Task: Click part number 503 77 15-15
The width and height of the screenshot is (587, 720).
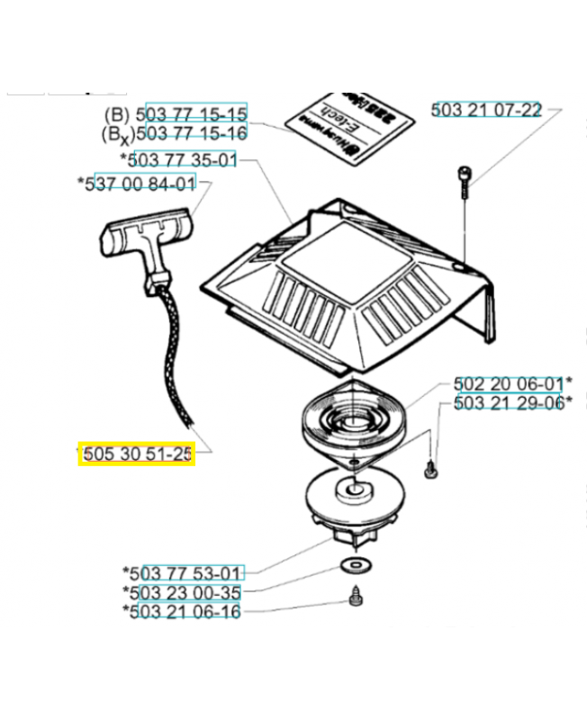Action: coord(196,114)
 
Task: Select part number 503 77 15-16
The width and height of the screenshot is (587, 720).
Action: coord(196,133)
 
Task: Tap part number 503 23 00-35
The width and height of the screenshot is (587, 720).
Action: coord(186,592)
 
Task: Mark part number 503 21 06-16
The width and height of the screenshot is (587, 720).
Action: coord(186,612)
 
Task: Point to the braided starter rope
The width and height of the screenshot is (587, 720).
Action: coord(170,360)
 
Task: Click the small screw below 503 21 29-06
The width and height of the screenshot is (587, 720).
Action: coord(429,466)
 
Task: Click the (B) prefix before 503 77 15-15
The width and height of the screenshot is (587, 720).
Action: coord(117,115)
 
